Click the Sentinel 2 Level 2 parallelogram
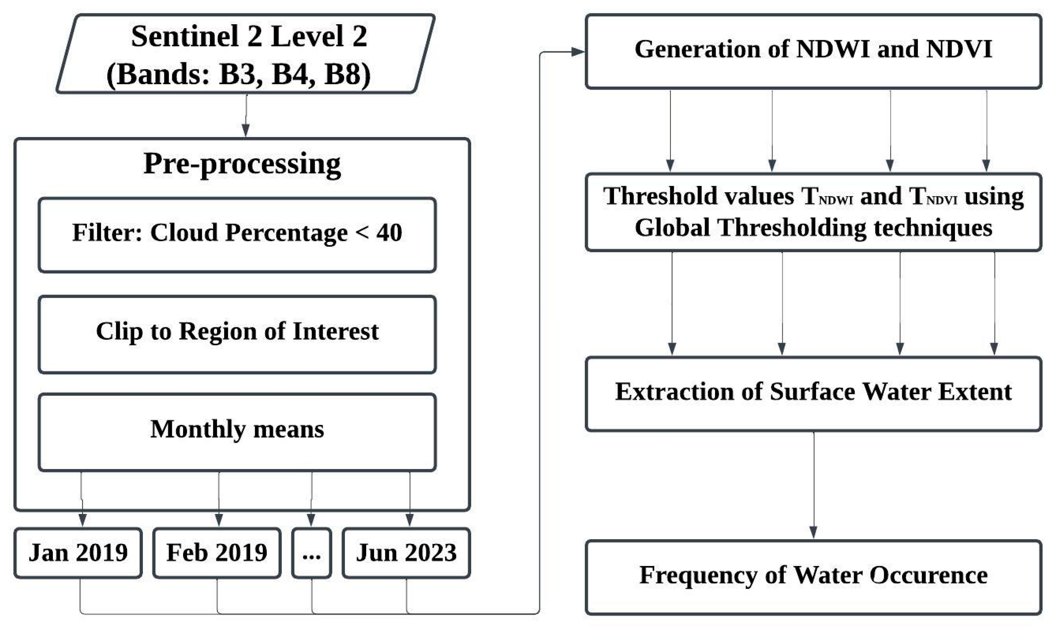245,54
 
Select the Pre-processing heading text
242,164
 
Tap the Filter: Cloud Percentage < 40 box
237,234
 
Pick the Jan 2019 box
78,553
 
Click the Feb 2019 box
217,553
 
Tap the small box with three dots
311,553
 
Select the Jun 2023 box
406,553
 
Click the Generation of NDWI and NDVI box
813,51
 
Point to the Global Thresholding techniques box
813,212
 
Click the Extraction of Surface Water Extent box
813,393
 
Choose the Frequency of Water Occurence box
813,577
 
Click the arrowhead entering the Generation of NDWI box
578,52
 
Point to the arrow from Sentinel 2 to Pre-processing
246,115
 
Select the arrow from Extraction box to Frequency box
813,484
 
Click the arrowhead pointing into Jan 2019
83,520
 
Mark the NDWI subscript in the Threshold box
836,200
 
